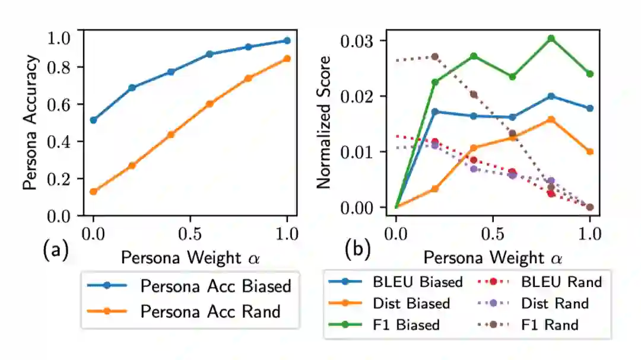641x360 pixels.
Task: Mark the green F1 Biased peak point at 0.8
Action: coord(551,39)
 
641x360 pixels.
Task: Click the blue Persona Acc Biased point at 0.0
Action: coord(93,120)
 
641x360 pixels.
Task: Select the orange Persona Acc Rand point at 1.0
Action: coord(287,59)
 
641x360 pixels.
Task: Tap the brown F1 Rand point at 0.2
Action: coord(435,56)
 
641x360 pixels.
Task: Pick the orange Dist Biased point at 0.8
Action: coord(551,119)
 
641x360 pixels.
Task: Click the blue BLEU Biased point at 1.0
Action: coord(589,109)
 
